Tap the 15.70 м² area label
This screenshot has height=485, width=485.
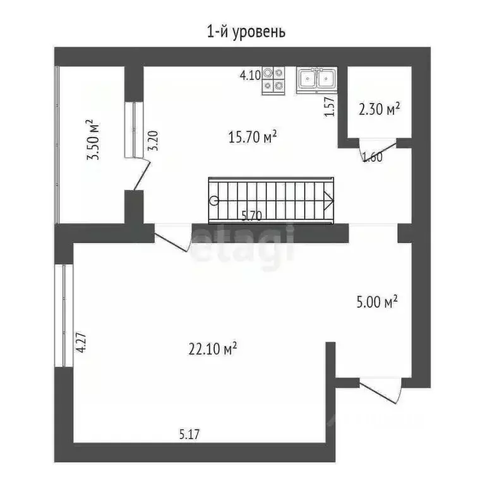click(x=253, y=137)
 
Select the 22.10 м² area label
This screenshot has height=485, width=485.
click(x=212, y=348)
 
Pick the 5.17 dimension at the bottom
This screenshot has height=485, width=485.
click(x=190, y=434)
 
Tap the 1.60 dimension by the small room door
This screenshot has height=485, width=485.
click(x=372, y=157)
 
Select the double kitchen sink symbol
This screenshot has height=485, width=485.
click(x=316, y=80)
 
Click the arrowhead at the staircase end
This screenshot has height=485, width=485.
click(x=328, y=201)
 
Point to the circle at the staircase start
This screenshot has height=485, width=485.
click(x=214, y=201)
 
